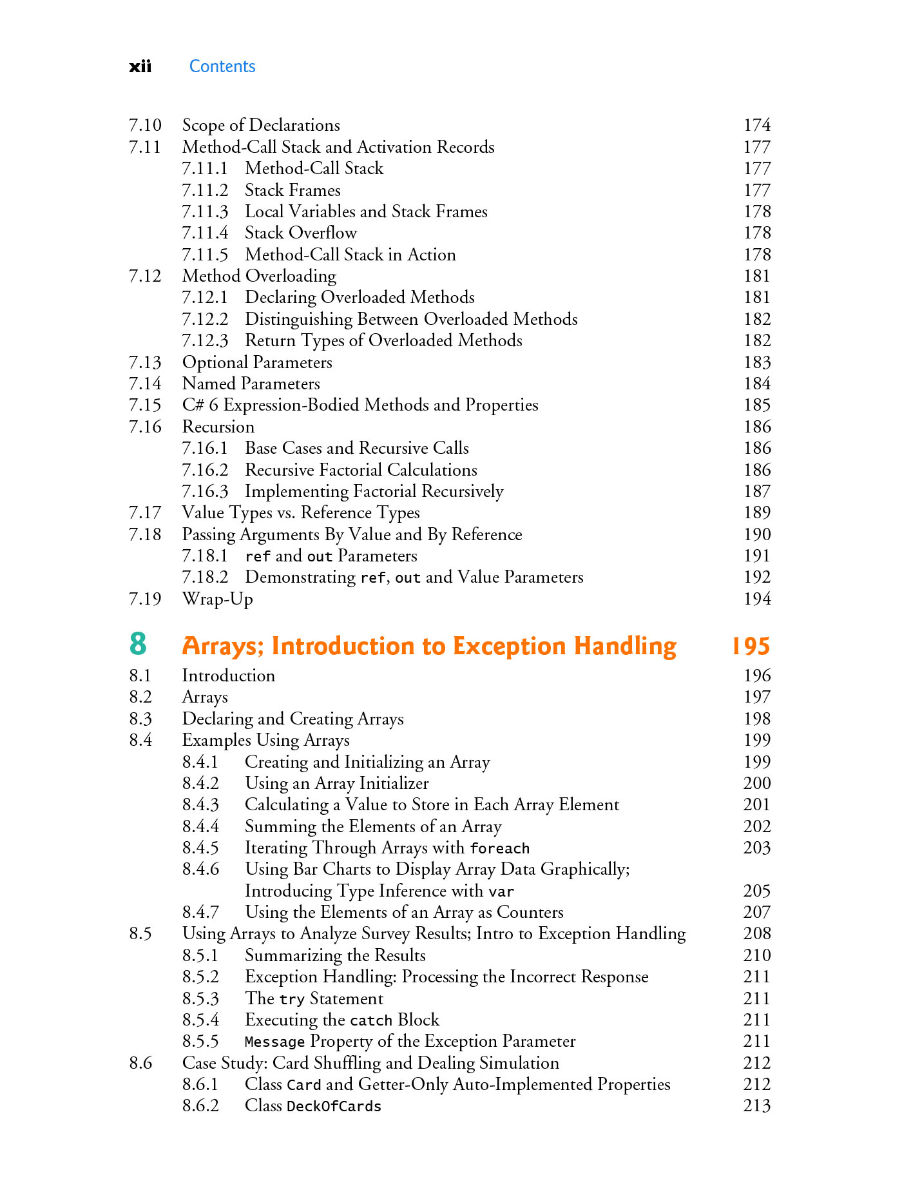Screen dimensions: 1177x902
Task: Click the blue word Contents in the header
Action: coord(222,66)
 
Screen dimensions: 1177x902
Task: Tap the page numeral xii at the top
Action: coord(140,66)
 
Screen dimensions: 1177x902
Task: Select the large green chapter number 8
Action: coord(138,644)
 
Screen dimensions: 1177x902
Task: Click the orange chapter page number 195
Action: coord(751,646)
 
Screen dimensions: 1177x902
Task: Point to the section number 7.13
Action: coord(145,362)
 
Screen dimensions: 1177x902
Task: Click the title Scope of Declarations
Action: coord(261,125)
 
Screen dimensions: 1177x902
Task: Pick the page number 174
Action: coord(756,125)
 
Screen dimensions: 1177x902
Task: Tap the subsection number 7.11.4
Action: coord(205,233)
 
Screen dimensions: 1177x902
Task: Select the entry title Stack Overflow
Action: coord(300,233)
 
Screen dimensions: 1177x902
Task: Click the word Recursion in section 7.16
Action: coord(218,427)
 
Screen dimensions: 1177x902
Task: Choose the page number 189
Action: coord(756,512)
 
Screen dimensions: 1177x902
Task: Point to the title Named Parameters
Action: coord(251,384)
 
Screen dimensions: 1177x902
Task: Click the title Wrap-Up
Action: coord(217,599)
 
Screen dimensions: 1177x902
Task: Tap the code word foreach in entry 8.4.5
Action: coord(499,848)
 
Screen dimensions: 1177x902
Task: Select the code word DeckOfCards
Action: coord(334,1106)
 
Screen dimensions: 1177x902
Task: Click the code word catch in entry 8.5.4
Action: coord(371,1020)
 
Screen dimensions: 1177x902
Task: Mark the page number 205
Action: coord(756,891)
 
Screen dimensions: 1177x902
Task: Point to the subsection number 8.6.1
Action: coord(200,1084)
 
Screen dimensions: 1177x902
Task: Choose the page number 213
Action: coord(756,1105)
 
